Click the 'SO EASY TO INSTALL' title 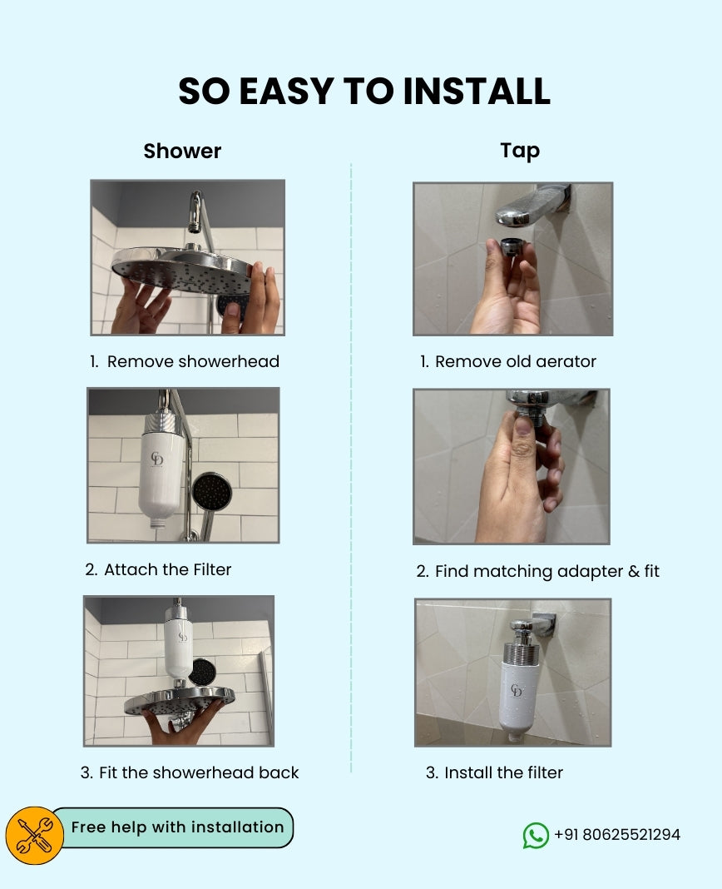(x=363, y=92)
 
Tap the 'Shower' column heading (x=182, y=151)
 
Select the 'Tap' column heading (x=520, y=151)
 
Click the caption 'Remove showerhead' (x=185, y=361)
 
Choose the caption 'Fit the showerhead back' (x=190, y=772)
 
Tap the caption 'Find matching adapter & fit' (x=537, y=571)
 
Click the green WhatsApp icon (x=536, y=835)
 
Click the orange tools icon (x=35, y=835)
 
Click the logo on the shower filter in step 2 (x=157, y=459)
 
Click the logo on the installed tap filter (x=517, y=692)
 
